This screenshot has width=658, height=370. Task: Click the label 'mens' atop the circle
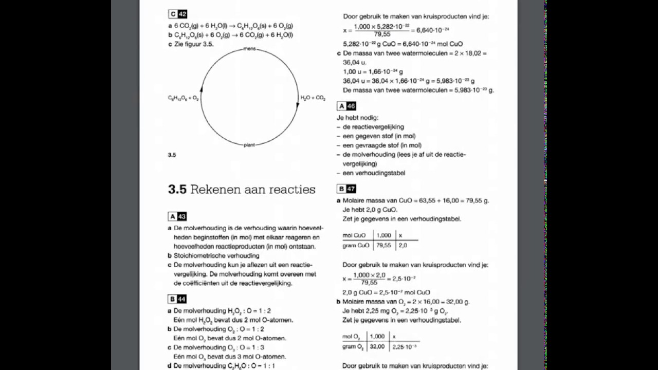(249, 49)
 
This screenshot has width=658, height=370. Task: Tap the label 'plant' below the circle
(249, 145)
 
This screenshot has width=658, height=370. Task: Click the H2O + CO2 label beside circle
(313, 98)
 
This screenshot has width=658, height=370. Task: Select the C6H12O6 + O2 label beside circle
(184, 98)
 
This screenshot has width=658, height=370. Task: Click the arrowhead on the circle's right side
(298, 105)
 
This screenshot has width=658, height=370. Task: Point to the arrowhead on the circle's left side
(201, 89)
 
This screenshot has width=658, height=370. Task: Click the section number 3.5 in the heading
(177, 190)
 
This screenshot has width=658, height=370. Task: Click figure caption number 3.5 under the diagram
(172, 155)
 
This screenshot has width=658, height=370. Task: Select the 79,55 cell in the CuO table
(383, 246)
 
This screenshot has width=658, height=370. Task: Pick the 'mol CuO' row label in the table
(354, 235)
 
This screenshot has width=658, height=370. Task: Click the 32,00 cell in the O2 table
(377, 347)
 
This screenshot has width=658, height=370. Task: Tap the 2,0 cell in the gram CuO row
(403, 246)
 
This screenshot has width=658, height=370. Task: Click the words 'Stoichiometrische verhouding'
(216, 255)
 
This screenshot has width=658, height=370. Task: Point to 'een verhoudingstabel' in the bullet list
(374, 173)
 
